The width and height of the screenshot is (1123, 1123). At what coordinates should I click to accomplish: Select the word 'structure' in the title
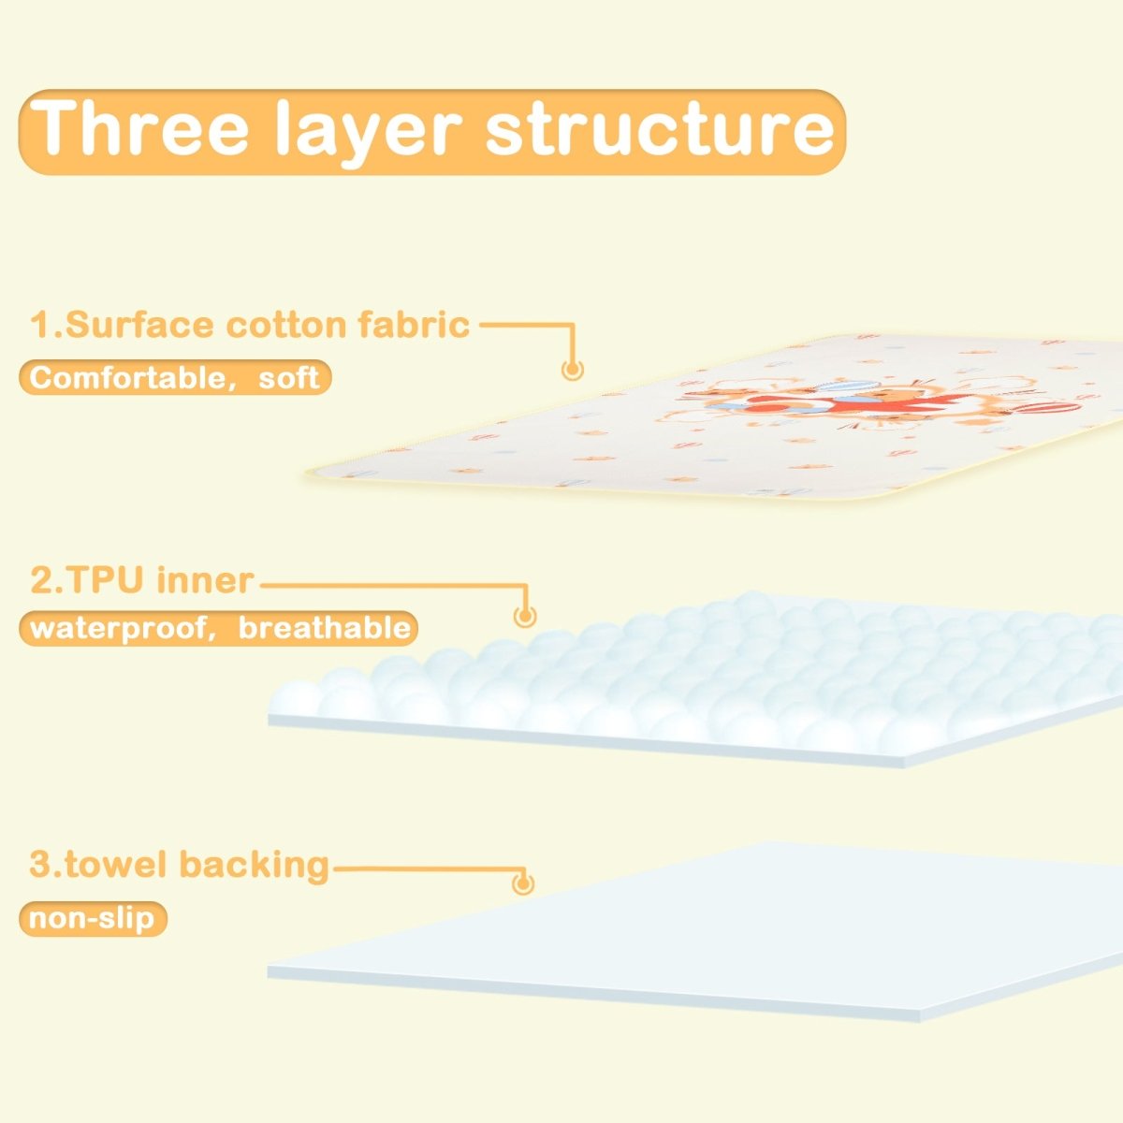659,129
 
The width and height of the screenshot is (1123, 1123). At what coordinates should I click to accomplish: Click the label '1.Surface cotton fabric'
250,325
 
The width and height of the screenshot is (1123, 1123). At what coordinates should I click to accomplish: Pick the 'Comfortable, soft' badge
175,377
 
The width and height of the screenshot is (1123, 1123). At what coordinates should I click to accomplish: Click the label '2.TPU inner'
141,580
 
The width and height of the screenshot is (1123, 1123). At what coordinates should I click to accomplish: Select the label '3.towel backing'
179,864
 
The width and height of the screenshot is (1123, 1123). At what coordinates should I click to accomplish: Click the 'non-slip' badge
92,918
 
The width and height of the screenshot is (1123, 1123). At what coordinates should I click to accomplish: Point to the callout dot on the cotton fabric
573,369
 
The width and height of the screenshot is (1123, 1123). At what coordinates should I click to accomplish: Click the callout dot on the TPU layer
525,616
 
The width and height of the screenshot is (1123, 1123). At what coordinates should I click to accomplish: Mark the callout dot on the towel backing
523,882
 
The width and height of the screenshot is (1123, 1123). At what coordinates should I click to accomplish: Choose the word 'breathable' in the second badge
324,627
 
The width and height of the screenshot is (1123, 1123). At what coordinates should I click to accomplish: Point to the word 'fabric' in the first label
414,325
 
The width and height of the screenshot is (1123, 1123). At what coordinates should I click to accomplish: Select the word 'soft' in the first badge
289,377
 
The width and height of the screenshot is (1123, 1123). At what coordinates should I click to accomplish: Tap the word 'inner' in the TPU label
205,580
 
